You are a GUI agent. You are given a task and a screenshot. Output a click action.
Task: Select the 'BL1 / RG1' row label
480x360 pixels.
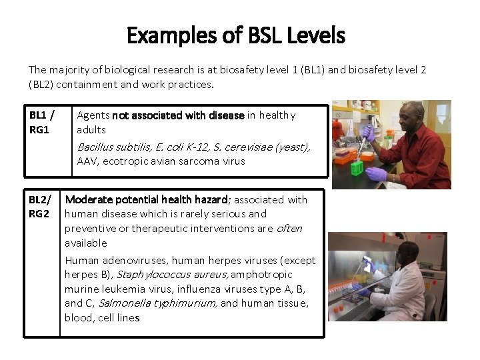click(41, 122)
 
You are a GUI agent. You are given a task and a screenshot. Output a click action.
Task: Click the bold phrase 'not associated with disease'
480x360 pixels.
click(179, 115)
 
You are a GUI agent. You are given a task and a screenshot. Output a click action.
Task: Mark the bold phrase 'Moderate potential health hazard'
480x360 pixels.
click(146, 199)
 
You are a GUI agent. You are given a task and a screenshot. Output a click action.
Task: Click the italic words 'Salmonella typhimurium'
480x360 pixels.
click(157, 303)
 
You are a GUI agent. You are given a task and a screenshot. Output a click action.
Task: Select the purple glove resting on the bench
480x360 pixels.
click(377, 174)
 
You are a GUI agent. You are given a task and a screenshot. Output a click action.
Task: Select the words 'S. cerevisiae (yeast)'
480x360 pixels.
click(260, 147)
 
